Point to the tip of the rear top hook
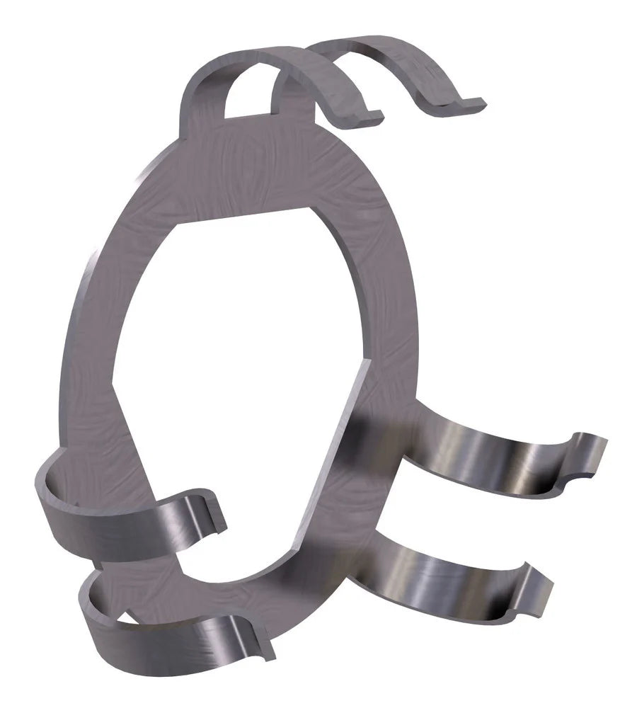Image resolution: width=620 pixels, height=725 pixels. [467, 104]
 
